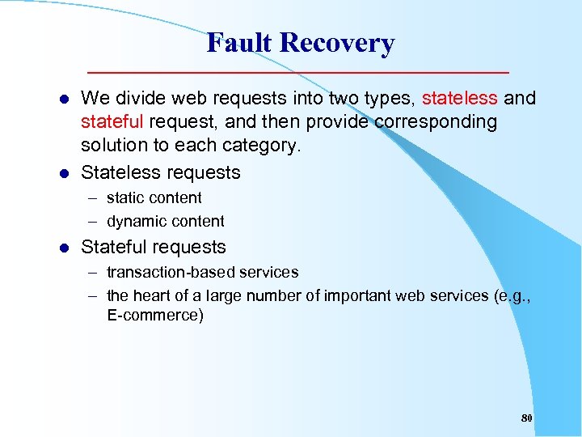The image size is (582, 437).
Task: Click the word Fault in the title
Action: point(239,43)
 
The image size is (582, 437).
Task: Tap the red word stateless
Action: point(460,99)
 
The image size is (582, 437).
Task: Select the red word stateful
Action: point(112,122)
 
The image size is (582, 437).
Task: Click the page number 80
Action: point(526,418)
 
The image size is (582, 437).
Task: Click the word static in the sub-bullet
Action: point(126,198)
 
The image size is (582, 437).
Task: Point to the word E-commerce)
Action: point(155,316)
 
